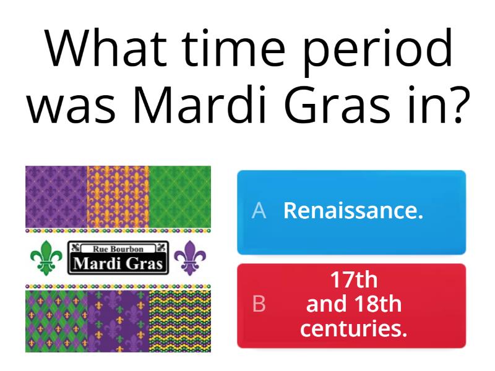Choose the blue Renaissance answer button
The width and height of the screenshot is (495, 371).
(351, 211)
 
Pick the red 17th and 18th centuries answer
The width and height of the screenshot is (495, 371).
(351, 305)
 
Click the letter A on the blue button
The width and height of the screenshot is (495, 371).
(259, 211)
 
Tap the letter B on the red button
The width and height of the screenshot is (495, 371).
(259, 305)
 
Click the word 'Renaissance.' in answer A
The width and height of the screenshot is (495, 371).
(353, 211)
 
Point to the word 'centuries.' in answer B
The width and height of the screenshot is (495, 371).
(354, 328)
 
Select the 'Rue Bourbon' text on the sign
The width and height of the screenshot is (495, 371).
(118, 249)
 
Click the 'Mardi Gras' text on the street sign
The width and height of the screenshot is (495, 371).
(118, 264)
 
